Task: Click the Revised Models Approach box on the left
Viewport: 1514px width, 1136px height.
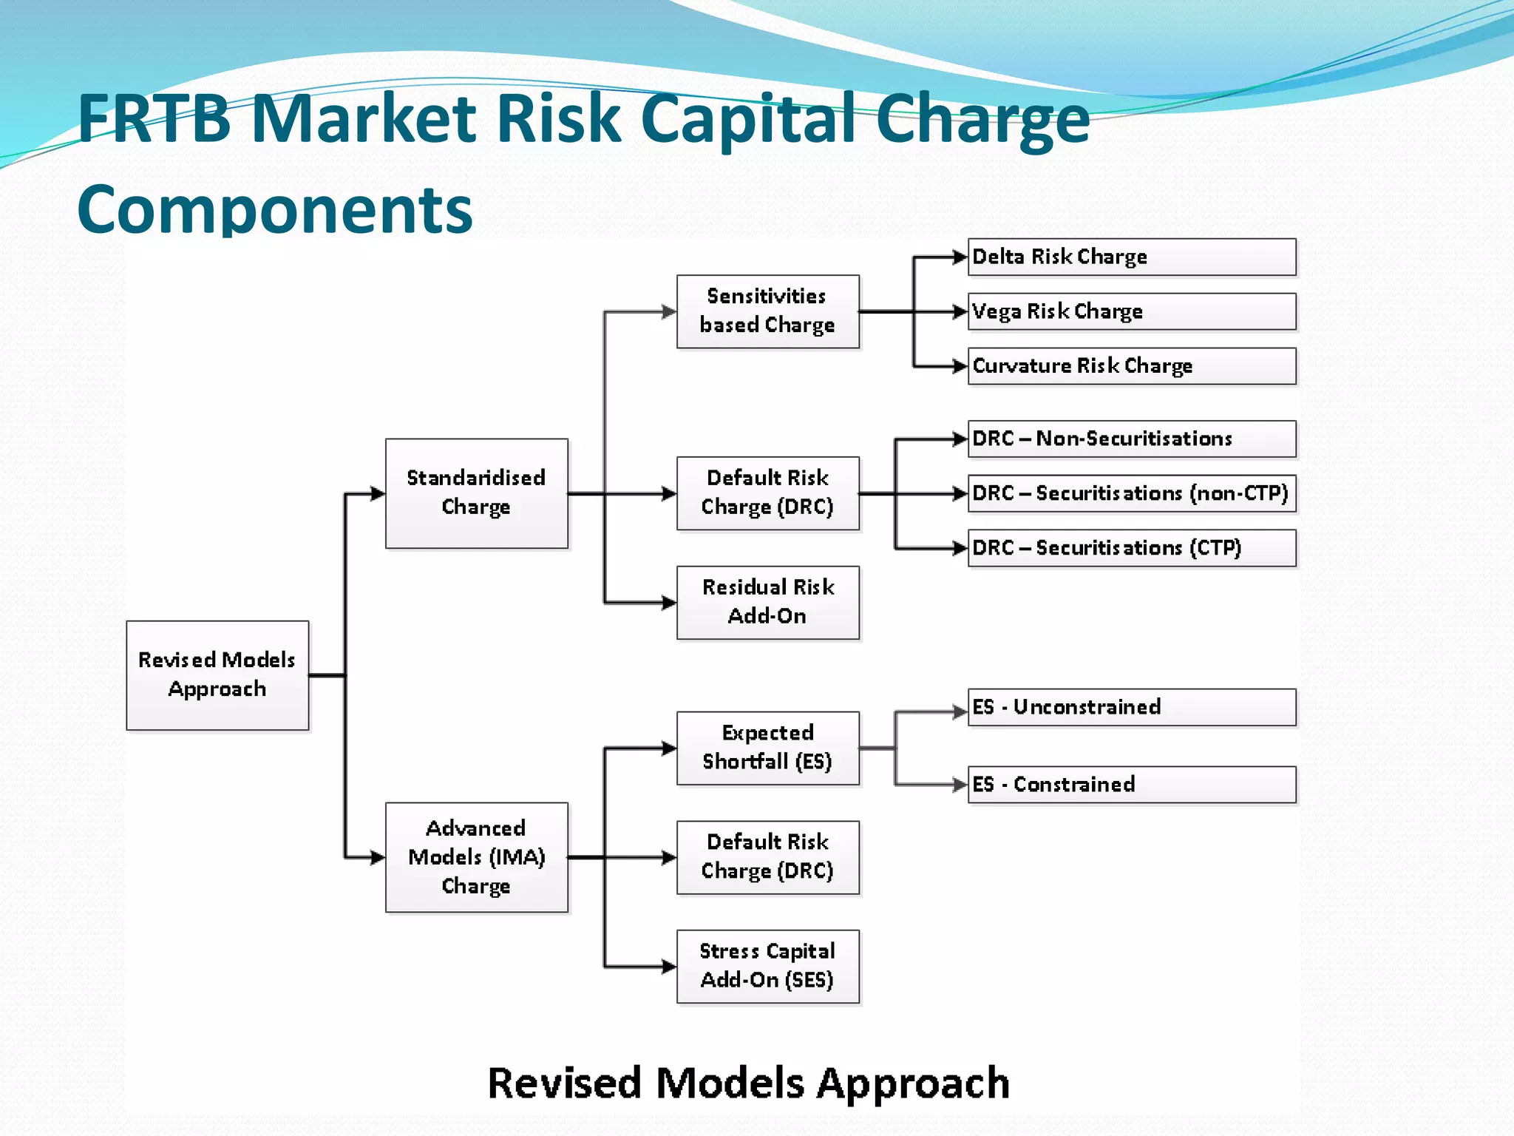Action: (217, 675)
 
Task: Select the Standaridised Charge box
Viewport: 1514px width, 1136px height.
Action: (476, 493)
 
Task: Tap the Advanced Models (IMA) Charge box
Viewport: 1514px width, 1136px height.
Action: (476, 857)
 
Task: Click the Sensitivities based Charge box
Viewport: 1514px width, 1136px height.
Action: (767, 311)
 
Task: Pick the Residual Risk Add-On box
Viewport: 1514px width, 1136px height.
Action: (767, 602)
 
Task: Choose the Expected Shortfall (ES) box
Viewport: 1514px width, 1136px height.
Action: (767, 748)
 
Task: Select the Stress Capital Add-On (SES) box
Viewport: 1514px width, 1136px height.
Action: (767, 966)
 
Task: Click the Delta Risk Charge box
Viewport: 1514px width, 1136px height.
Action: (1131, 257)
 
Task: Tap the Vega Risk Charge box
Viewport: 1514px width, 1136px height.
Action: (1131, 311)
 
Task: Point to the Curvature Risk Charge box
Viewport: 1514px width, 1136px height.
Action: (1131, 366)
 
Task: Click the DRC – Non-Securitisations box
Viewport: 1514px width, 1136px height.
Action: (1131, 439)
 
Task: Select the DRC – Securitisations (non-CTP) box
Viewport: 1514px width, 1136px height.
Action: (1131, 493)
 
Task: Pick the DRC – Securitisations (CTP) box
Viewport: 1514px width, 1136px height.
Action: (1131, 548)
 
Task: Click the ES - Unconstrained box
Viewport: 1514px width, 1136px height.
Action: (1131, 707)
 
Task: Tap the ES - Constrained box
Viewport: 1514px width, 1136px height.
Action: (1131, 784)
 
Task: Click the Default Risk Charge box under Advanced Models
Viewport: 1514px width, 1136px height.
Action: (767, 857)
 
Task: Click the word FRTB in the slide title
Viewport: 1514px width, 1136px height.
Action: (155, 118)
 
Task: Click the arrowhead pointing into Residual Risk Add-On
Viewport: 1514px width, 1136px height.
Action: (669, 603)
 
